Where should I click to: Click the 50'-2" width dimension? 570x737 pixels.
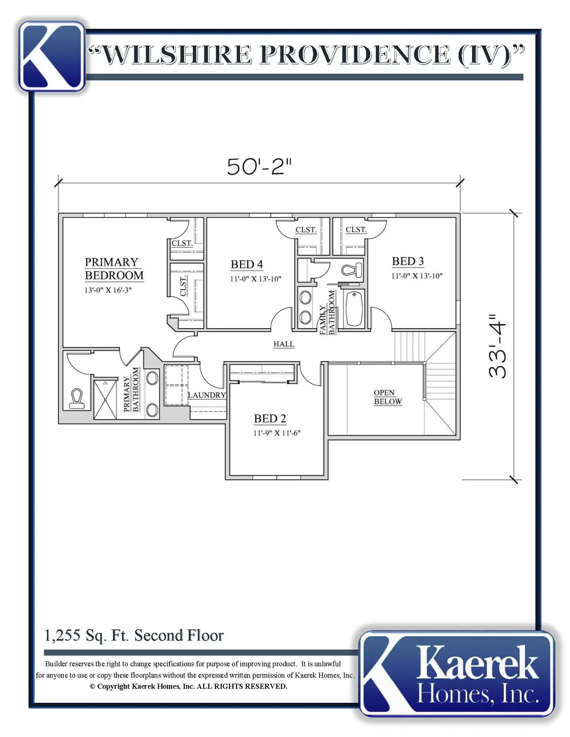click(259, 167)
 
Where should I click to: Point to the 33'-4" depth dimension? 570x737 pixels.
click(498, 347)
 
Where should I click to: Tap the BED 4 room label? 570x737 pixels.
click(247, 264)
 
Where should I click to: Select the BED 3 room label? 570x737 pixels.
click(408, 261)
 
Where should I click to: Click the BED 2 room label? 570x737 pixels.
click(270, 418)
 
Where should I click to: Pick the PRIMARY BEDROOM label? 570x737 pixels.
click(114, 269)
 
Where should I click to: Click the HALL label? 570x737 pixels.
click(284, 344)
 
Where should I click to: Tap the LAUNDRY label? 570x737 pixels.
click(207, 395)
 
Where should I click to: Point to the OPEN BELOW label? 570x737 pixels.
click(388, 397)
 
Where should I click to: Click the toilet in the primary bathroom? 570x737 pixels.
click(76, 399)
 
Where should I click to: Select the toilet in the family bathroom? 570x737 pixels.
click(352, 269)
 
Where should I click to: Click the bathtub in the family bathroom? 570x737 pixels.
click(354, 309)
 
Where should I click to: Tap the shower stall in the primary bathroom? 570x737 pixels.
click(105, 399)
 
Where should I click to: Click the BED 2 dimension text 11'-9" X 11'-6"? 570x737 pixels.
click(277, 433)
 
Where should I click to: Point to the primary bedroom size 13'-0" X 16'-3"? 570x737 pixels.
click(108, 290)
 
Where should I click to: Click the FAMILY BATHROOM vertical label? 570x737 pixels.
click(328, 313)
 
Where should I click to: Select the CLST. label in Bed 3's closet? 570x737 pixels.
click(356, 230)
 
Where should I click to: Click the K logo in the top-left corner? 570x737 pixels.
click(52, 56)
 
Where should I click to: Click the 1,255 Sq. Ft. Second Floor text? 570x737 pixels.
click(134, 636)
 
